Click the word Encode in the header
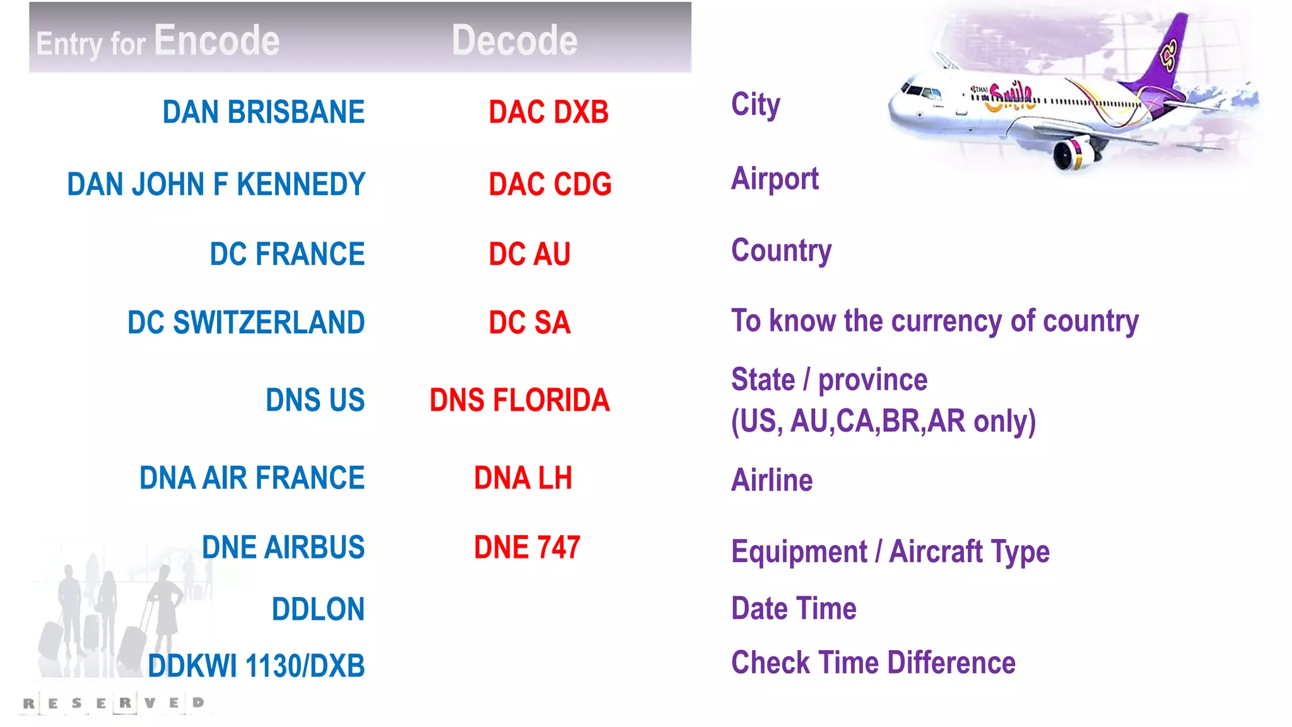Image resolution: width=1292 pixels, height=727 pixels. (x=216, y=41)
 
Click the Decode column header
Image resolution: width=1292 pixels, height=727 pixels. (x=514, y=41)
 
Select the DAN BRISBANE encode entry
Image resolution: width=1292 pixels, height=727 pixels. (x=264, y=112)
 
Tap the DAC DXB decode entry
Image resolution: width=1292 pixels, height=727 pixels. (x=548, y=112)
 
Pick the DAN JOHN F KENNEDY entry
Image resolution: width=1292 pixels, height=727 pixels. (x=216, y=184)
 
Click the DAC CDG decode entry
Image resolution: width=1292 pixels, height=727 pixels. (x=549, y=184)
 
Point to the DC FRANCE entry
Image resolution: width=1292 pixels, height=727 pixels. (x=287, y=254)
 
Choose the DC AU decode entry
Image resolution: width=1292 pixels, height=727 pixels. (x=529, y=254)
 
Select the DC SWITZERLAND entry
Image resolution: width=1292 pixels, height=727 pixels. (x=246, y=322)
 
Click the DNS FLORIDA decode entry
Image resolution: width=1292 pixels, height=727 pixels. (x=519, y=400)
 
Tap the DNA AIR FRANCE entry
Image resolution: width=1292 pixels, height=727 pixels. (x=252, y=478)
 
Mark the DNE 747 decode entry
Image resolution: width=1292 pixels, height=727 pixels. (x=527, y=547)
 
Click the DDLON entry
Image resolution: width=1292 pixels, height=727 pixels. (x=318, y=609)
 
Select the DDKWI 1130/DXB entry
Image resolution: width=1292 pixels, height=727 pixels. (x=256, y=666)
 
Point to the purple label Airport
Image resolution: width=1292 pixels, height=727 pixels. (x=775, y=179)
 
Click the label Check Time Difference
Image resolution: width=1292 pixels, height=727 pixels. (x=873, y=663)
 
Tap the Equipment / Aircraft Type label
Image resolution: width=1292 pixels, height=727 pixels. (x=890, y=552)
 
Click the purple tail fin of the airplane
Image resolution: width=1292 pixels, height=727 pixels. (x=1167, y=57)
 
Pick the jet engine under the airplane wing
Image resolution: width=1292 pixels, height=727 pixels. (x=1072, y=153)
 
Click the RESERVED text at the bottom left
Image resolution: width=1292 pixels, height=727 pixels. (x=114, y=703)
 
